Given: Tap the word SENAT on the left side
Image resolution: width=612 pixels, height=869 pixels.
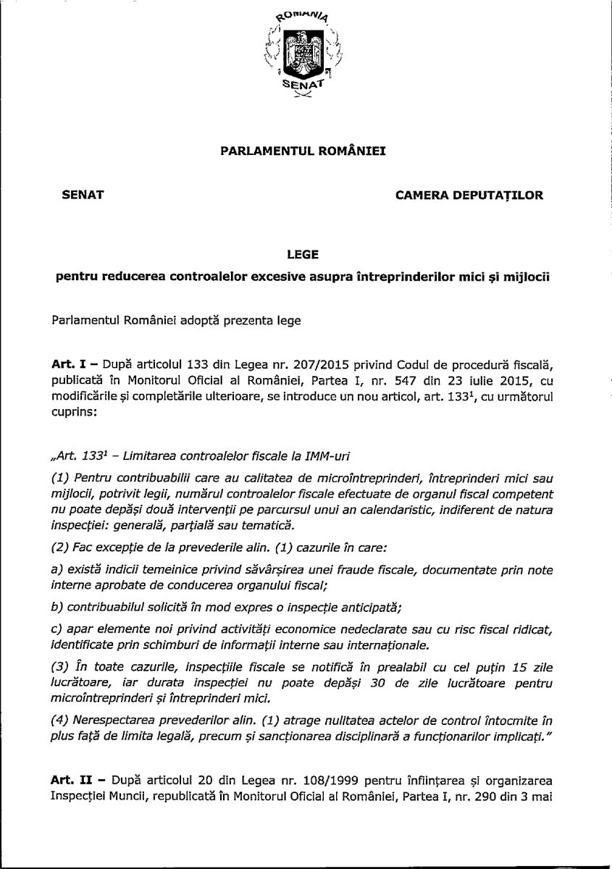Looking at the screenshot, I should point(84,195).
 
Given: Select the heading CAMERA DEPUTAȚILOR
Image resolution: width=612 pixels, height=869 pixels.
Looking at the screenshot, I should point(469,195).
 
